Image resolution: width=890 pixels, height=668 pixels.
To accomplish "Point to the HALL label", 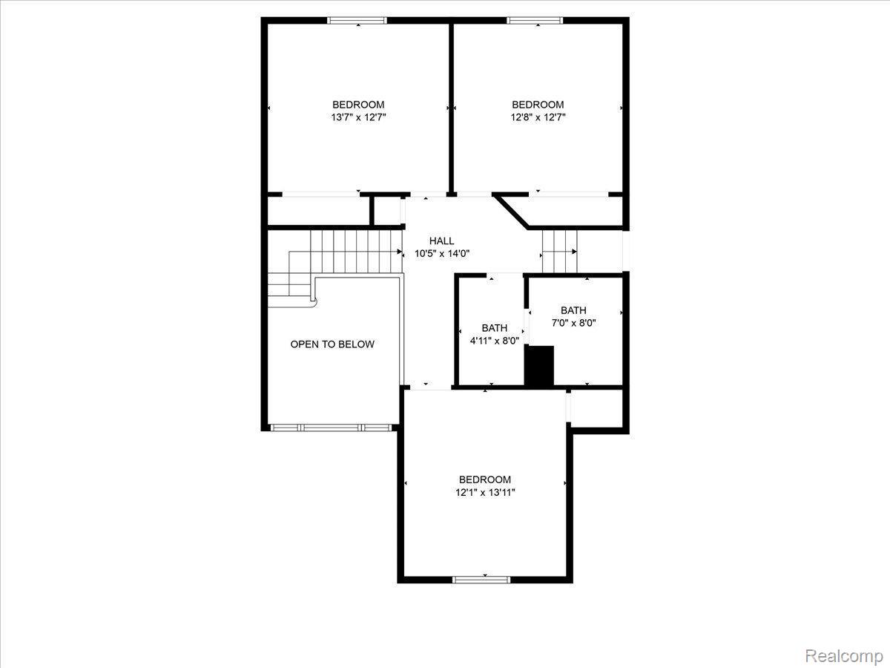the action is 441,241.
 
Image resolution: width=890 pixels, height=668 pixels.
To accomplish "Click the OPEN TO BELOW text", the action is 332,344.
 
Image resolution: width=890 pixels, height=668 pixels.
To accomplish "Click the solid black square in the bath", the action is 539,365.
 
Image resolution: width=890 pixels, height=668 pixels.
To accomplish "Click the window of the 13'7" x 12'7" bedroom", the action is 357,20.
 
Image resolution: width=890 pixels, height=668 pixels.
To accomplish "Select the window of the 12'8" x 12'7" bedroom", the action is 535,20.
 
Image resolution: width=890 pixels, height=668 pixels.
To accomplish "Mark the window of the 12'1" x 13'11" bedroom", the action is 481,580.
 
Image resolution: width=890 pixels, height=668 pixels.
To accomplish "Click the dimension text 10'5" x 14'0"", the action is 441,254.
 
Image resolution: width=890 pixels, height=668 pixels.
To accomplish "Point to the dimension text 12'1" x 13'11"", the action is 485,493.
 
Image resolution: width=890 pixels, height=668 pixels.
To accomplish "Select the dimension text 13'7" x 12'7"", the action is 358,117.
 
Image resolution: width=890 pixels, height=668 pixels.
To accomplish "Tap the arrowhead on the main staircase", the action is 399,252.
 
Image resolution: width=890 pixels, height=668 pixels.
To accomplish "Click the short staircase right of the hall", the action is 559,252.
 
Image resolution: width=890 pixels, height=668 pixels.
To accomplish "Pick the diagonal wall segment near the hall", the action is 511,212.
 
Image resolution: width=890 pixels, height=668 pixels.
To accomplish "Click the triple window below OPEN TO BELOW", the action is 332,428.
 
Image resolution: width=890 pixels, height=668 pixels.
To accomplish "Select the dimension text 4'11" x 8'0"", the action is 494,341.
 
